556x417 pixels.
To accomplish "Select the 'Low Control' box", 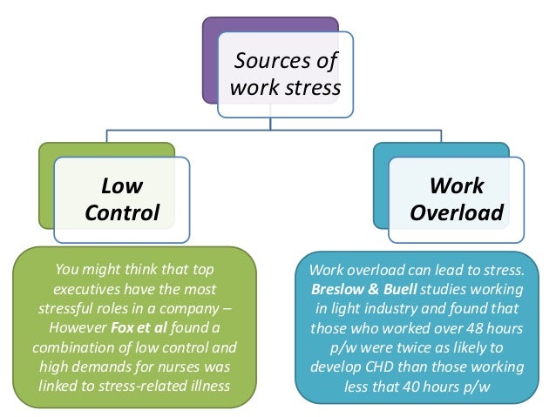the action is tap(122, 199).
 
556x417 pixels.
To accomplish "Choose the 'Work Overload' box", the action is tap(457, 199).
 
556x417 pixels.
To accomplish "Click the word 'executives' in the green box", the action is tap(89, 288).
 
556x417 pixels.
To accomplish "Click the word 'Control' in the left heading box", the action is tap(122, 212).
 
